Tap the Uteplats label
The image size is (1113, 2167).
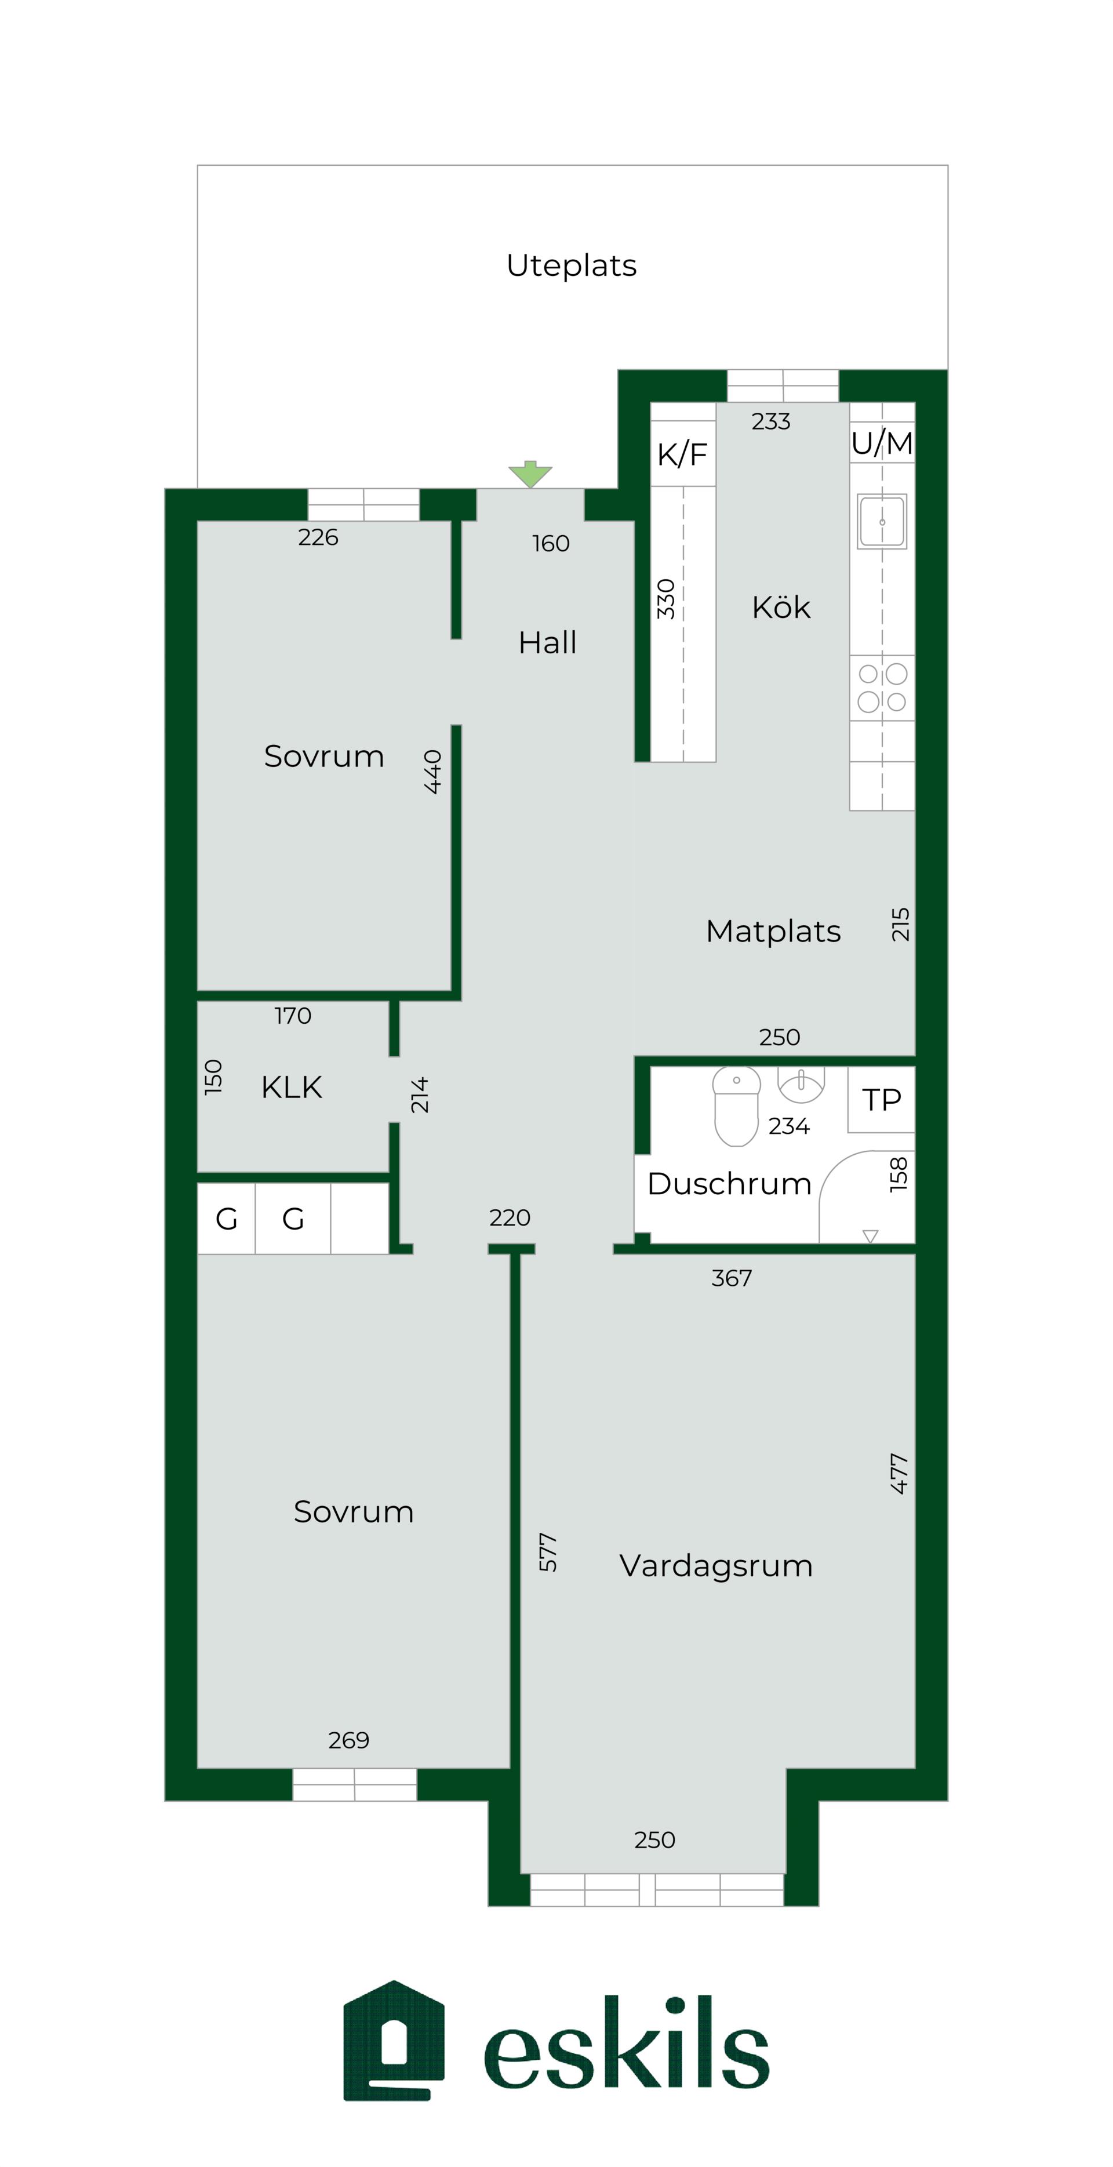571,265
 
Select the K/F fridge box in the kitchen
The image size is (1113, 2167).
683,453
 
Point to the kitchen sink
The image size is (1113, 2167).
882,522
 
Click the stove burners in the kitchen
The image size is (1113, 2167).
882,688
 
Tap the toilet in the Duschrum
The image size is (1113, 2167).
736,1106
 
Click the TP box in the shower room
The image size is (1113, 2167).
881,1100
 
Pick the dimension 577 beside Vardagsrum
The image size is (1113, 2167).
548,1552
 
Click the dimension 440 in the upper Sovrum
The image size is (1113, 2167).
432,772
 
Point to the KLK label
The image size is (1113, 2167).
291,1087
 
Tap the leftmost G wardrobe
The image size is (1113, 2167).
226,1219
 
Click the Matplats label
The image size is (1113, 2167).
773,931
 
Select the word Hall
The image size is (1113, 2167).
548,643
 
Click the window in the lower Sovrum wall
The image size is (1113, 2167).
354,1783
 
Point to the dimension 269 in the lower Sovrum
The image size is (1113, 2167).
348,1740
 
